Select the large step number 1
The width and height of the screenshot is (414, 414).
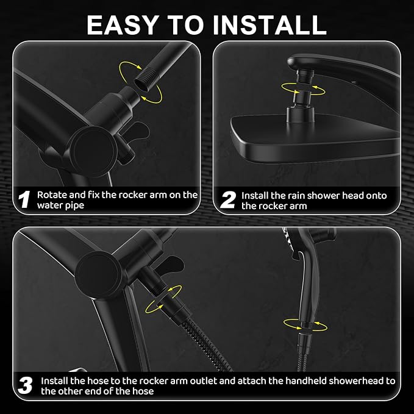pyautogui.click(x=24, y=200)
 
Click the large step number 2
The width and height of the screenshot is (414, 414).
pyautogui.click(x=227, y=200)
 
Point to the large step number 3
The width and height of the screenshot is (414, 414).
pyautogui.click(x=25, y=385)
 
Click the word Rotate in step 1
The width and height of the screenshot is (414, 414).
pyautogui.click(x=51, y=195)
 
